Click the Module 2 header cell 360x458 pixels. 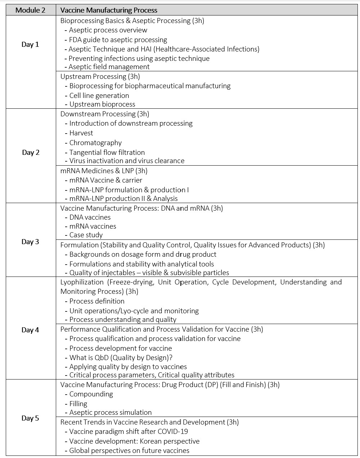[31, 10]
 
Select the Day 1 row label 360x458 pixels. [30, 44]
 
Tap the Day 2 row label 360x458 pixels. [31, 152]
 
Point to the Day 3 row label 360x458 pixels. [30, 242]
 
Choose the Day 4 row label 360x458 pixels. [30, 330]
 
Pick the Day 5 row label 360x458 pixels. [30, 418]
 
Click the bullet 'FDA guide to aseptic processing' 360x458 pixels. [118, 40]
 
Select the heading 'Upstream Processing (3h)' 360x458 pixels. [100, 76]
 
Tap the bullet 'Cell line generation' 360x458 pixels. [99, 95]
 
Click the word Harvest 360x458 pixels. [81, 133]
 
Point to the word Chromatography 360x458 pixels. [95, 143]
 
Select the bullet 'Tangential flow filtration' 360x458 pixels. [107, 152]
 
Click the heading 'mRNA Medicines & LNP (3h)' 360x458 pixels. [104, 171]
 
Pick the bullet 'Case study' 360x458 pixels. [86, 235]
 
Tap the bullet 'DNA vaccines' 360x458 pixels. [90, 217]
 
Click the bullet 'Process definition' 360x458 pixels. [97, 301]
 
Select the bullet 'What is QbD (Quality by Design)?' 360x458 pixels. [121, 358]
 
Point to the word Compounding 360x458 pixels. [91, 394]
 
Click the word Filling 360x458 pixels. [78, 404]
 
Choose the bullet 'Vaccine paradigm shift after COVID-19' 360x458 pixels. [129, 431]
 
